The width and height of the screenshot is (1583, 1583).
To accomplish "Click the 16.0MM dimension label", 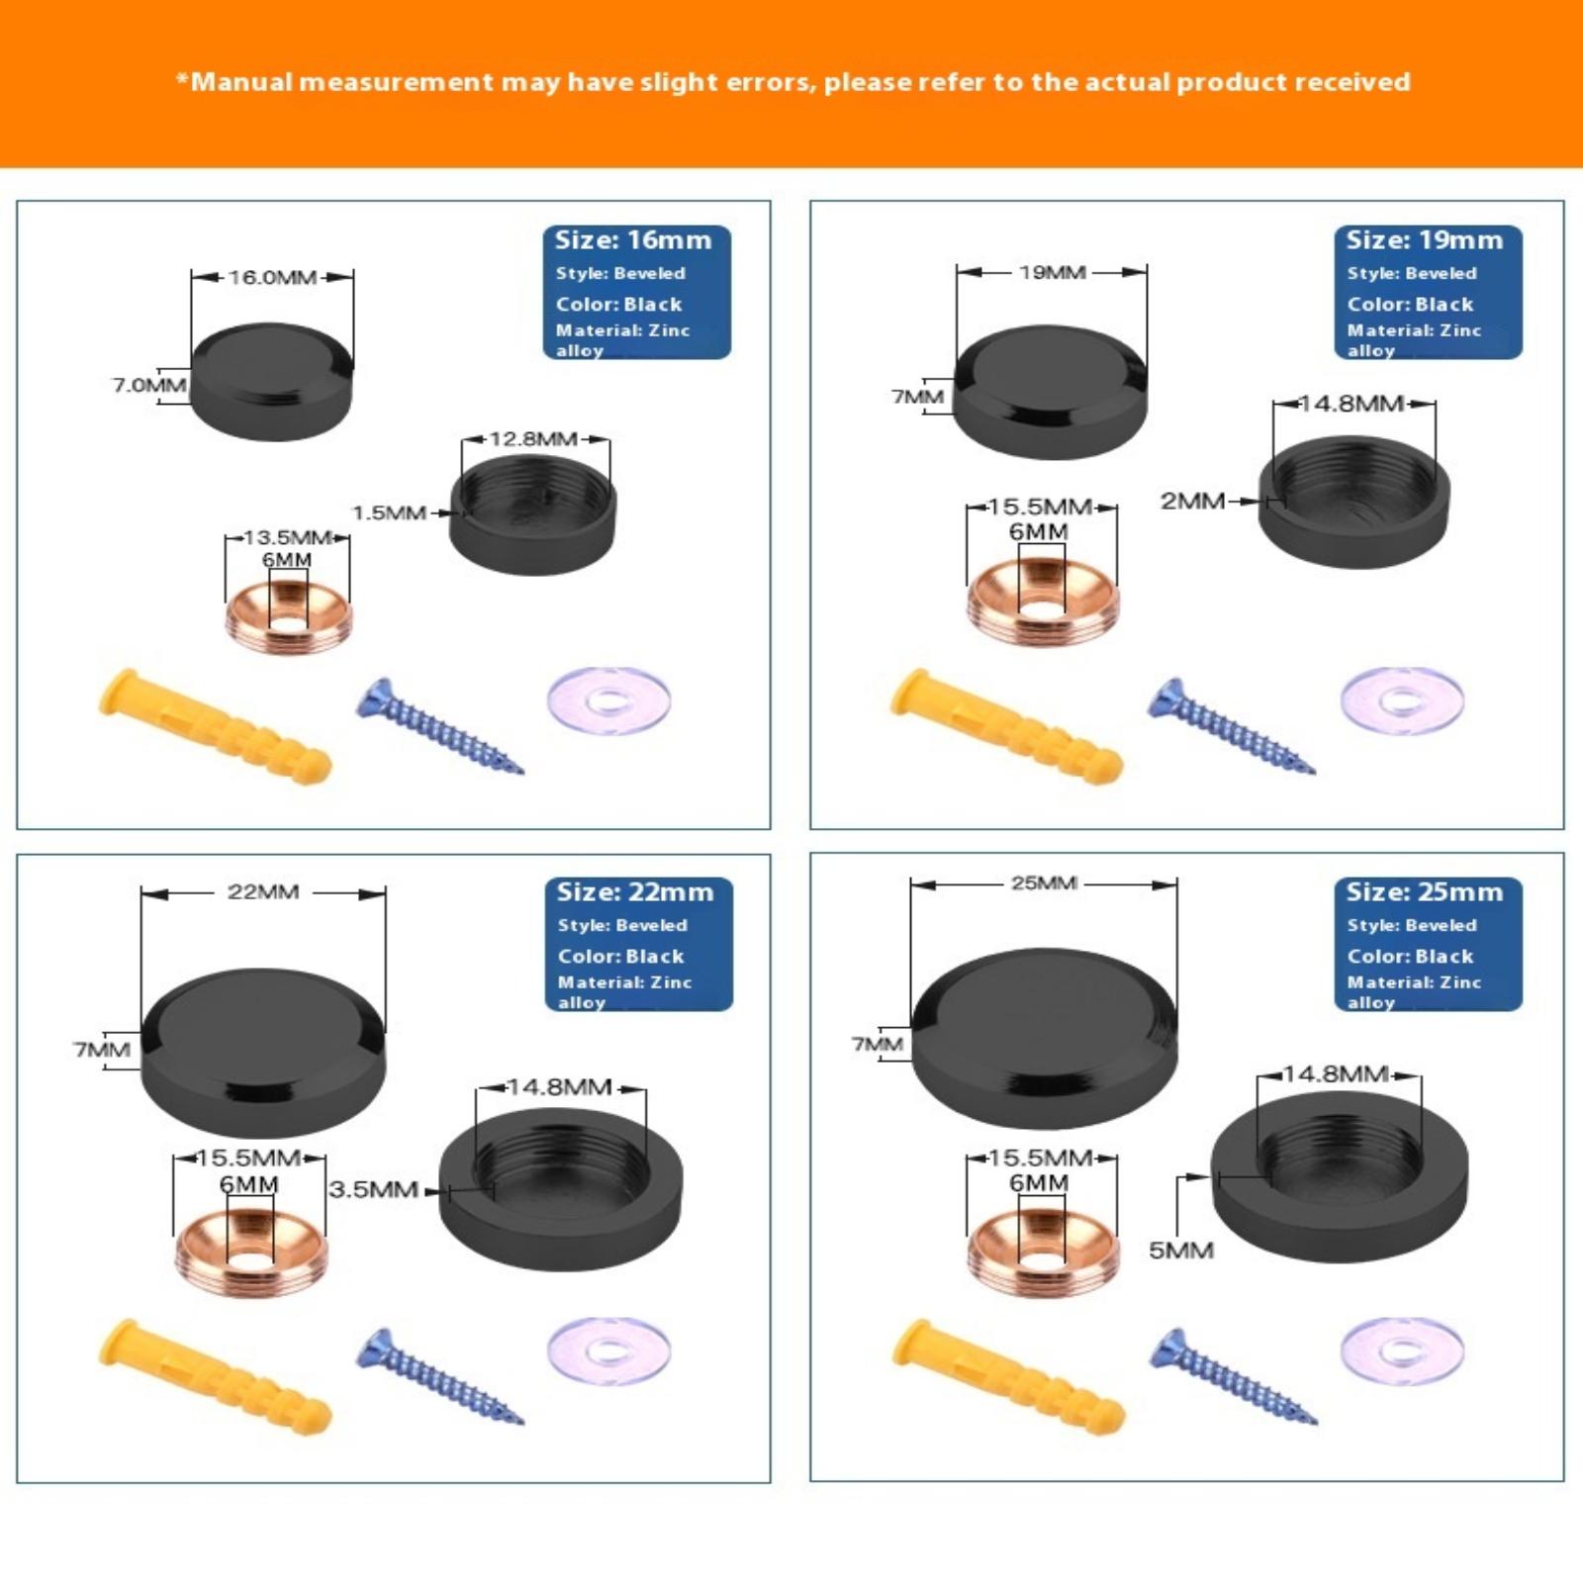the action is (272, 277).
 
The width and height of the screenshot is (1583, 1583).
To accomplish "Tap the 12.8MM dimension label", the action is (534, 439).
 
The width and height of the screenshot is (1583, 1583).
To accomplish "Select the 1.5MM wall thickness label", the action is (390, 513).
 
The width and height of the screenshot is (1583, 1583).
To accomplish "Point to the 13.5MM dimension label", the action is (287, 537).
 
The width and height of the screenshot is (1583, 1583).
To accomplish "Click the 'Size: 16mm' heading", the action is (633, 240).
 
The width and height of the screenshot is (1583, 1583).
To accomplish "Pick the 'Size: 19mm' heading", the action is (1425, 240).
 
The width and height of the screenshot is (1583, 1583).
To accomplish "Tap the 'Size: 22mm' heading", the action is (635, 892).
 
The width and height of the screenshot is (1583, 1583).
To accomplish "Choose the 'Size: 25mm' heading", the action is (1425, 892).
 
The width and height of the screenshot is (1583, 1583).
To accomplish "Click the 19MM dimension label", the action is (1053, 272).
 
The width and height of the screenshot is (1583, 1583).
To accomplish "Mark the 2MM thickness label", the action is (1193, 501).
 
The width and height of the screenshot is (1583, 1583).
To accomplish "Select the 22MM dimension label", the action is (263, 891).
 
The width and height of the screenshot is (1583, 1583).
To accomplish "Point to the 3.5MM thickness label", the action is (374, 1189).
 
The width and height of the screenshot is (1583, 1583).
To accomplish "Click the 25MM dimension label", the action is (1044, 883).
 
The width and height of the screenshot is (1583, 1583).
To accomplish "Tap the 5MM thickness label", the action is (1181, 1251).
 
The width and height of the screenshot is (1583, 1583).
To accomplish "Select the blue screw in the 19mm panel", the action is (1232, 726).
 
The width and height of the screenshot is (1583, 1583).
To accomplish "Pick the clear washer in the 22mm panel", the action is (609, 1350).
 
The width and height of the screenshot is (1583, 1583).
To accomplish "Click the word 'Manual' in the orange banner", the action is (241, 82).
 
